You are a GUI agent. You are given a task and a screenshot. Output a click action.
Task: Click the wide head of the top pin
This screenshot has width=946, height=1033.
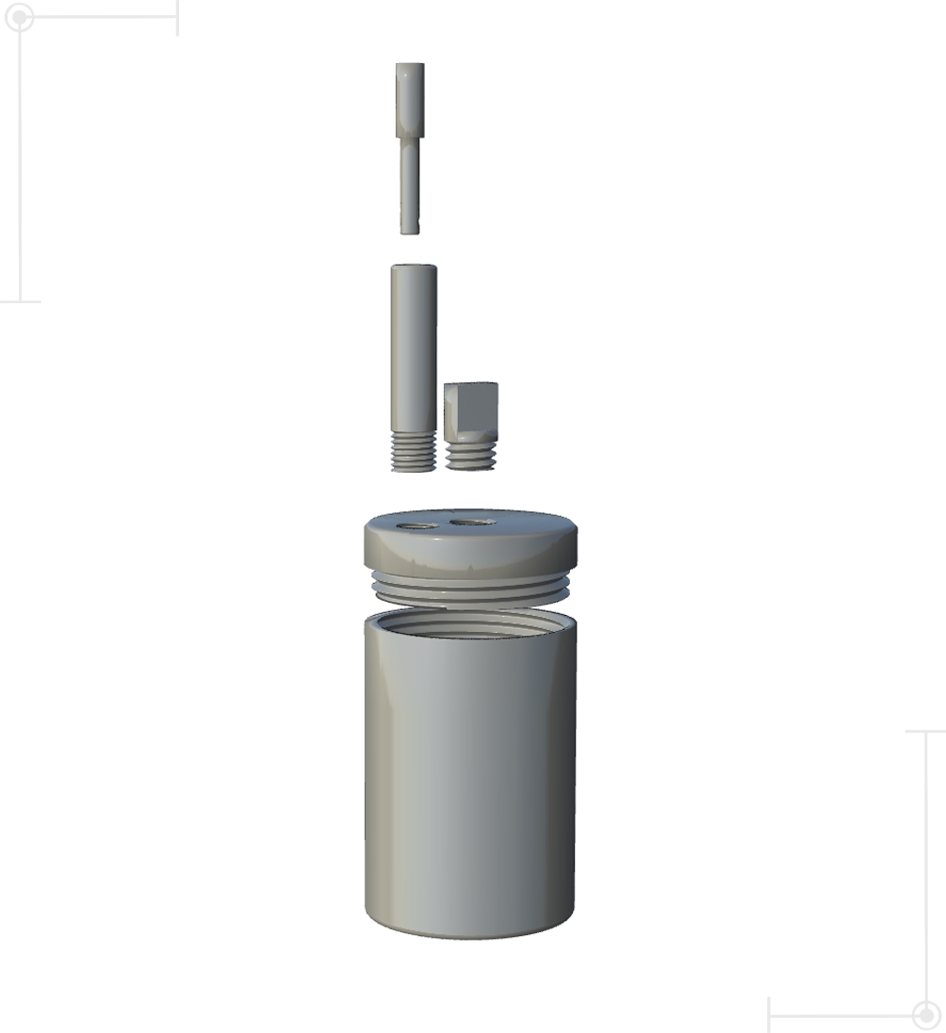tap(410, 99)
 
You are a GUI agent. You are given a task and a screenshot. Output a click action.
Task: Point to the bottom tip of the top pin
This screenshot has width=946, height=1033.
tap(409, 229)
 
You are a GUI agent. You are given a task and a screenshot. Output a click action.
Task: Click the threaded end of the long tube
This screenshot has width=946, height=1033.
tap(413, 454)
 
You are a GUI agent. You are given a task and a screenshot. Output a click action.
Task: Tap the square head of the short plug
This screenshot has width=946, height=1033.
tap(470, 405)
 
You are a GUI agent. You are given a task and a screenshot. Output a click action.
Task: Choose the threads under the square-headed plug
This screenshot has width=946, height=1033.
tap(470, 456)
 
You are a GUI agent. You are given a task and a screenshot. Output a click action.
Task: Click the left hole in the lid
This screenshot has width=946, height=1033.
tap(417, 525)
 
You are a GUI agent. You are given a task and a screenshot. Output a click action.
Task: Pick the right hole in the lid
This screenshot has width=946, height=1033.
tap(472, 521)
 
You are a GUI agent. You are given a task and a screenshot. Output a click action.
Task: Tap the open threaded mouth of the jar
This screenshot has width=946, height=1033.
tap(471, 622)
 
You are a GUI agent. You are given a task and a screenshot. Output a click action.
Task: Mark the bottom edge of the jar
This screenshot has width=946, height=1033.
tap(470, 934)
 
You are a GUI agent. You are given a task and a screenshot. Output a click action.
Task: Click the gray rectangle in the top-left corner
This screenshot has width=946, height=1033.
tap(89, 151)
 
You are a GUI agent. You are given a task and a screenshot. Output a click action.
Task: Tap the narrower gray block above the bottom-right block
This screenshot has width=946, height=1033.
tap(897, 815)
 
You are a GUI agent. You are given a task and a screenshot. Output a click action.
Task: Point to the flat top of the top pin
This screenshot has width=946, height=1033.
tap(410, 66)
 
